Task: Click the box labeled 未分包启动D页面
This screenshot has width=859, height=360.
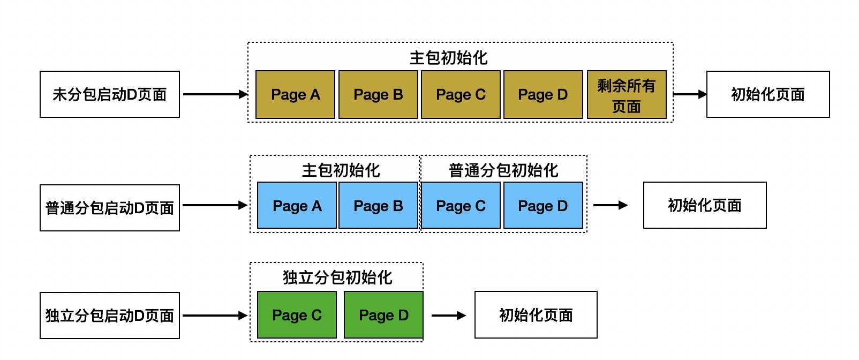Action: click(110, 94)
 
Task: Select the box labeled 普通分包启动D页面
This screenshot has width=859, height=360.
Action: click(110, 208)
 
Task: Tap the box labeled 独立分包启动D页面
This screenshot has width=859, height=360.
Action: click(110, 316)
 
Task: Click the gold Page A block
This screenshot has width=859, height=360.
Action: click(295, 94)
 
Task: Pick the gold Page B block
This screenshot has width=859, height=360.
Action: click(378, 94)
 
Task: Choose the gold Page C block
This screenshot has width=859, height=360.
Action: click(461, 94)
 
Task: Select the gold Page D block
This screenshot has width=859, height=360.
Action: click(543, 94)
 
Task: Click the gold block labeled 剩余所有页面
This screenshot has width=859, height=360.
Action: click(627, 94)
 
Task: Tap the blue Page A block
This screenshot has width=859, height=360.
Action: click(297, 205)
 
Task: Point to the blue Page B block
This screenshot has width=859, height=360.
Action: click(378, 205)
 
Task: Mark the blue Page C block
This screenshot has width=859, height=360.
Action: click(461, 205)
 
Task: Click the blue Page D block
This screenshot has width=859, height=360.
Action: click(543, 205)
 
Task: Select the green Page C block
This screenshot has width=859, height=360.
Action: click(297, 314)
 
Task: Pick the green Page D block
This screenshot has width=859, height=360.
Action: click(383, 314)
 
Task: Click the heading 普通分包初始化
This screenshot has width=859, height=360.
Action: click(503, 170)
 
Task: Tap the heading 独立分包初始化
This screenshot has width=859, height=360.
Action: click(337, 277)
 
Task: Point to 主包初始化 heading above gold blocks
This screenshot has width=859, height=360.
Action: click(448, 58)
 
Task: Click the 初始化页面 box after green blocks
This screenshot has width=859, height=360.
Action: click(536, 314)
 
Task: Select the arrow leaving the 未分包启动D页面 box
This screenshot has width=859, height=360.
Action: click(215, 94)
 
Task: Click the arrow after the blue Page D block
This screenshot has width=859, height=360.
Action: click(611, 205)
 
